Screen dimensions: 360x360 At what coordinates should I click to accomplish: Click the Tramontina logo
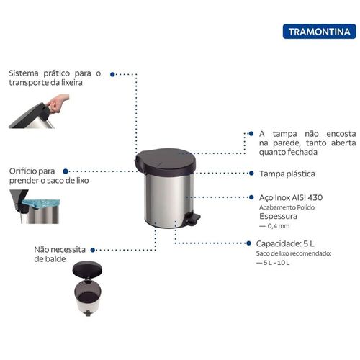click(x=319, y=32)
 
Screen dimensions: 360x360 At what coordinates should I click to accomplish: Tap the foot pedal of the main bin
click(x=193, y=219)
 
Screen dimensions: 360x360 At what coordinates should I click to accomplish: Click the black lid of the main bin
click(x=165, y=160)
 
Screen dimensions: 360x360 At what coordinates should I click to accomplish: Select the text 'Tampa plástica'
click(x=287, y=174)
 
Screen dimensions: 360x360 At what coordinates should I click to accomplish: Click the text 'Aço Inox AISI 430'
click(x=291, y=197)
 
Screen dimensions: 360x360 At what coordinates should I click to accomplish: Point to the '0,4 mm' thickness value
click(x=279, y=226)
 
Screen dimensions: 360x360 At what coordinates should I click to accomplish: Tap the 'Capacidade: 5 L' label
click(x=285, y=243)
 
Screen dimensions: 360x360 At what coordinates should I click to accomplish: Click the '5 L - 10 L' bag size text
click(x=276, y=263)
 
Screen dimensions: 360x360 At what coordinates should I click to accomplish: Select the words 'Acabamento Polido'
click(x=287, y=207)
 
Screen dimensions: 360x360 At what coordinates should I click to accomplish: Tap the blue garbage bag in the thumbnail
click(x=41, y=204)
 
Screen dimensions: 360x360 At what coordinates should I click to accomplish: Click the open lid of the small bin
click(x=87, y=269)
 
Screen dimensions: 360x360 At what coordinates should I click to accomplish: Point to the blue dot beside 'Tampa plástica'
click(x=251, y=173)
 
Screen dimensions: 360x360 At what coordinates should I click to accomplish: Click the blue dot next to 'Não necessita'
click(x=93, y=250)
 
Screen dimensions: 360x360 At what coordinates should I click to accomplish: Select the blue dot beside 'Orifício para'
click(x=66, y=171)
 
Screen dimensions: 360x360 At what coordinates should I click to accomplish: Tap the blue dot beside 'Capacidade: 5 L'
click(x=249, y=243)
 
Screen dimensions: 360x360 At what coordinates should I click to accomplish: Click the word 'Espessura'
click(x=278, y=216)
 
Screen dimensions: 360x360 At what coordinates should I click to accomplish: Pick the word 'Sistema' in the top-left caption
click(x=24, y=73)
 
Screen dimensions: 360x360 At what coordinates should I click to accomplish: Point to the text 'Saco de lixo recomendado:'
click(x=294, y=253)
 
